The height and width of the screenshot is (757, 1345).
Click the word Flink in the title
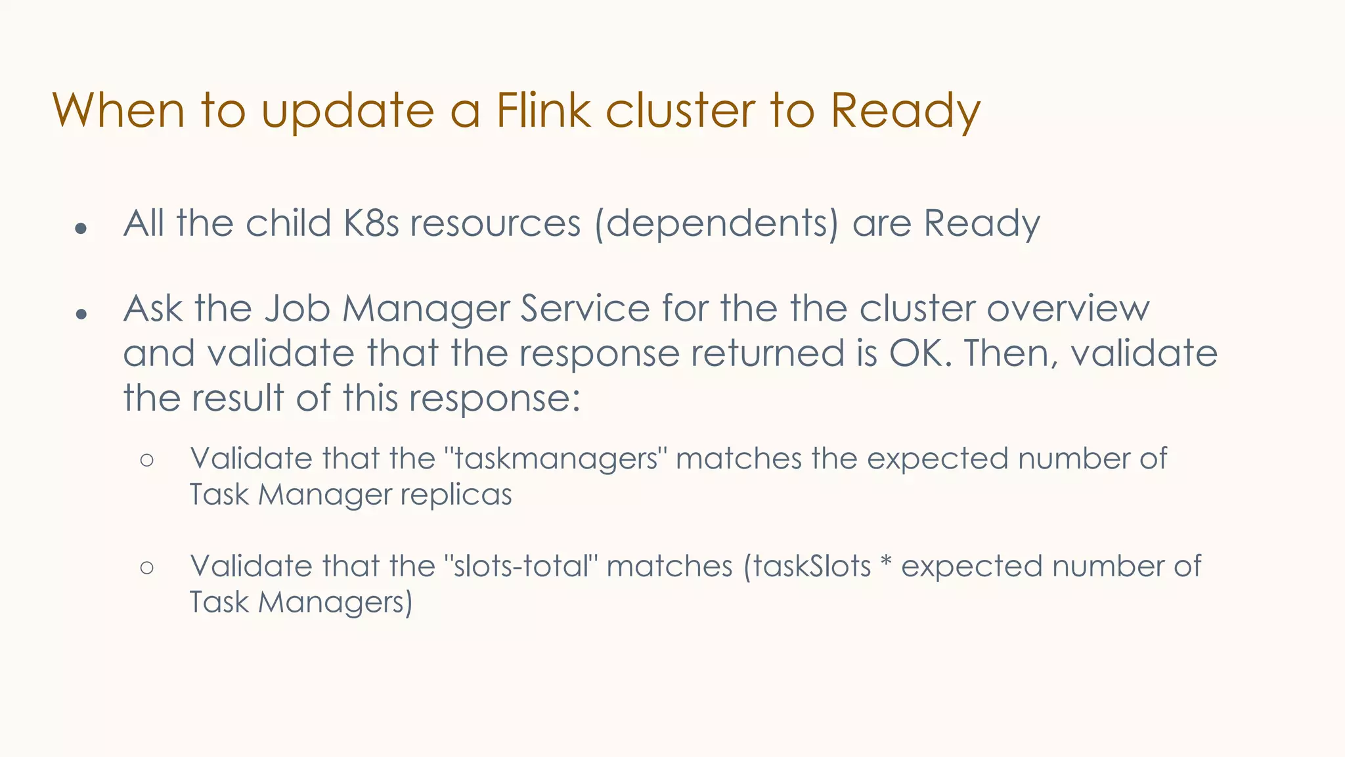pyautogui.click(x=543, y=110)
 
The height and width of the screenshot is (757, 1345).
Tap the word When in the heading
pyautogui.click(x=118, y=110)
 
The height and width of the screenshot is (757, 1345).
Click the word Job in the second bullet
pyautogui.click(x=297, y=309)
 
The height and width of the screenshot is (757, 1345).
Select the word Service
pyautogui.click(x=584, y=308)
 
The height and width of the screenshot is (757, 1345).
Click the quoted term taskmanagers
pyautogui.click(x=556, y=458)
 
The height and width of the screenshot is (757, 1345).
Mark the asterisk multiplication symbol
pyautogui.click(x=885, y=564)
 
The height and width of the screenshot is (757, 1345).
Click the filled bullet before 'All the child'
pyautogui.click(x=81, y=229)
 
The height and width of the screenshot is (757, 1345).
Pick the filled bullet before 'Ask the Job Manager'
pyautogui.click(x=81, y=314)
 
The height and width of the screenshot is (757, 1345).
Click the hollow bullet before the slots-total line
pyautogui.click(x=147, y=567)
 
